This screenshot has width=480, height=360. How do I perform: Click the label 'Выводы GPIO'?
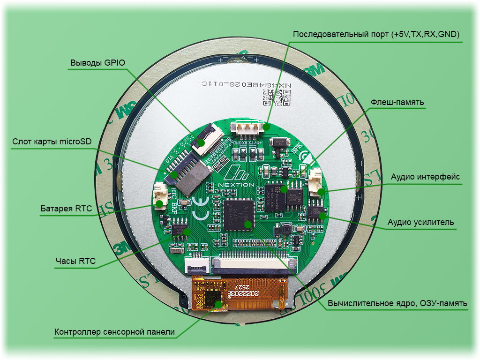98,63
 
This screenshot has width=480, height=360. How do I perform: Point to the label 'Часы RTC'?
75,261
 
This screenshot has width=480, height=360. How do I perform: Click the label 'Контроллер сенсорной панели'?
114,332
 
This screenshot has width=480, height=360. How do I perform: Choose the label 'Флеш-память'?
397,102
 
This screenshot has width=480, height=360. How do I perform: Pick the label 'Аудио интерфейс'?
425,177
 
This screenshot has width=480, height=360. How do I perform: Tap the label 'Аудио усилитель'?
420,222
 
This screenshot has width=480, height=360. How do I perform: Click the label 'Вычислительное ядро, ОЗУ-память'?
397,304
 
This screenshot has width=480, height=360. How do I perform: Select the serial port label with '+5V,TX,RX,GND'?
376,35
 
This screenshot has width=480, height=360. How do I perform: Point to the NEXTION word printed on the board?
236,184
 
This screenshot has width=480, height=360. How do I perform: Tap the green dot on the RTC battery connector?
160,203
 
